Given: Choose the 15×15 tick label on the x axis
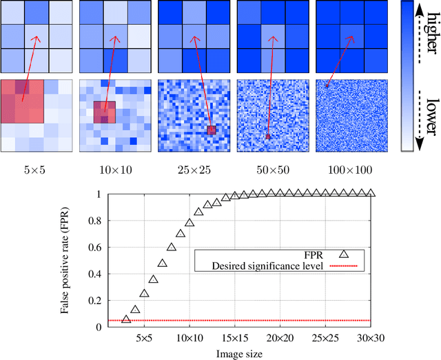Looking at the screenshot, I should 233,338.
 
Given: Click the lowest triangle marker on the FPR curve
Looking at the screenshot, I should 126,319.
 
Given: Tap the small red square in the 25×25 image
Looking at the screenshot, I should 212,129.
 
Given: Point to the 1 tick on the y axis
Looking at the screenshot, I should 99,194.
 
